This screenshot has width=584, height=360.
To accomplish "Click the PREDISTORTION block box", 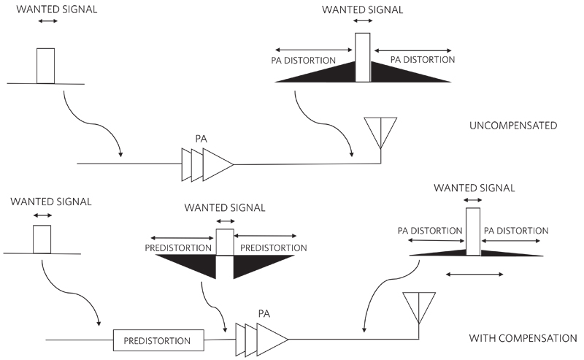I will click(158, 340).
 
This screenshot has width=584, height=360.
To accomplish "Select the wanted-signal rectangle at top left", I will click(46, 66).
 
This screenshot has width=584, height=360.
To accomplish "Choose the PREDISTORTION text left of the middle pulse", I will click(177, 248).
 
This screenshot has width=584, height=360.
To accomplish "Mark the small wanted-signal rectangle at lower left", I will click(42, 239).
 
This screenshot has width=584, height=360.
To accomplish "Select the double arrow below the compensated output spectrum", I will click(474, 275).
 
